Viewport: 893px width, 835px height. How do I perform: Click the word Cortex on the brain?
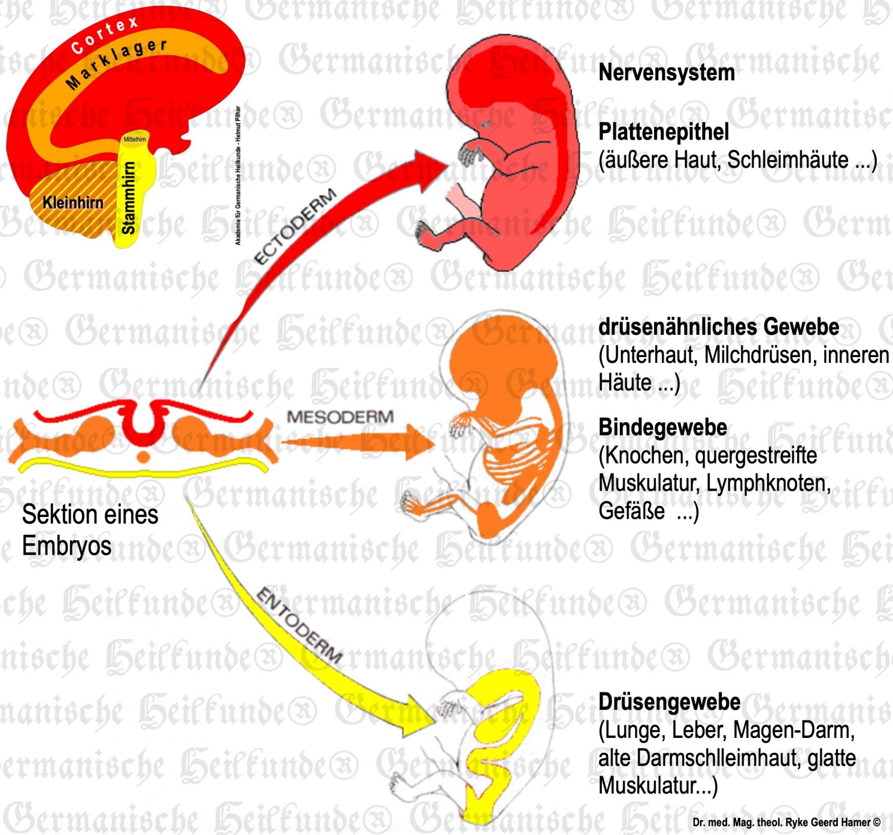tap(105, 35)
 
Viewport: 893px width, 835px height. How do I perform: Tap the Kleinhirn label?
tap(73, 202)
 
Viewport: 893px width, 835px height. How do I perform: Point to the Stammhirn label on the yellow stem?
tap(128, 198)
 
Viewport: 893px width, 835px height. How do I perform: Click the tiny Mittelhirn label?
tap(135, 140)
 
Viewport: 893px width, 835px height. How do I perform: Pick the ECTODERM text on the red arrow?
tap(295, 226)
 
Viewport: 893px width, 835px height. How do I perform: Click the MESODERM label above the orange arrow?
tap(340, 417)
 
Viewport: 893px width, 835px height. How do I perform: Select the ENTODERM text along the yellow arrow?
tap(299, 625)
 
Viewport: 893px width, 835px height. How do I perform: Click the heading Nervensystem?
tap(666, 73)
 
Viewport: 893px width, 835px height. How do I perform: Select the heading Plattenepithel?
tap(663, 132)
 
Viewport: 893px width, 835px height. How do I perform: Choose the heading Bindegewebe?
tap(663, 427)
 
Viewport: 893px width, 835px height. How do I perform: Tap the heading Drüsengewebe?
tap(669, 702)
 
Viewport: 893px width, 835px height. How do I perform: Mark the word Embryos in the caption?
tap(66, 545)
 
